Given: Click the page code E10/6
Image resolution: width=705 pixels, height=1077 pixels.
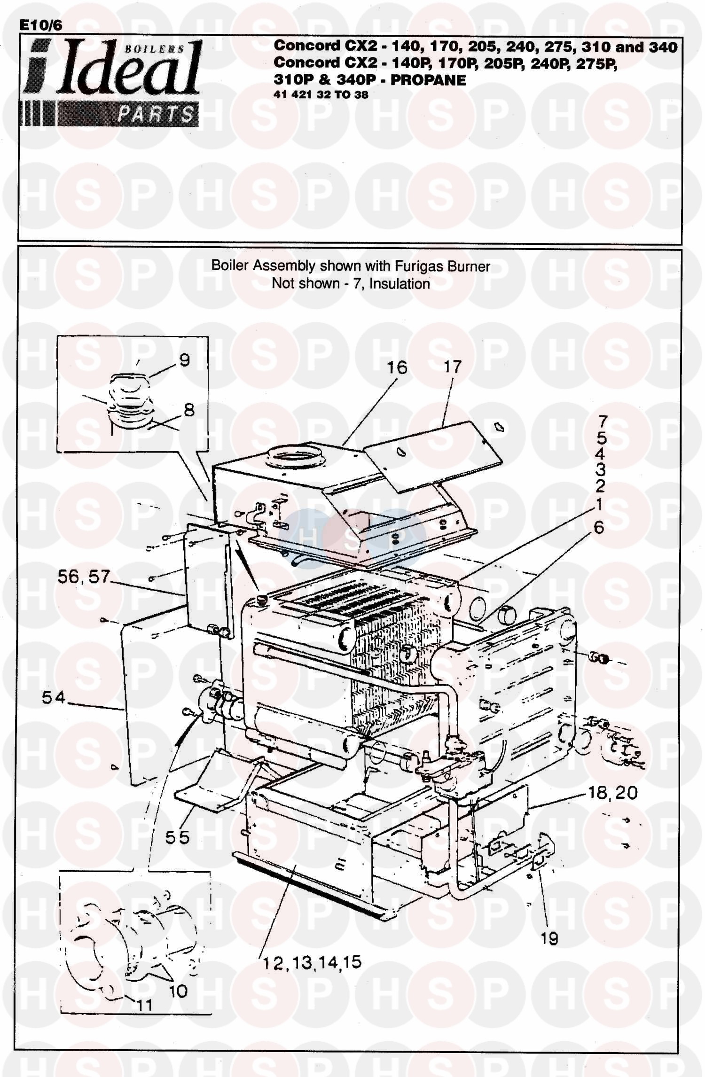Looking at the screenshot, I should [40, 25].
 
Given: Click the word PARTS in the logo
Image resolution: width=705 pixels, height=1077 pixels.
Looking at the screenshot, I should [155, 114].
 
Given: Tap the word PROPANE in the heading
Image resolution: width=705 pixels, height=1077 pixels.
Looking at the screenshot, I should [428, 80].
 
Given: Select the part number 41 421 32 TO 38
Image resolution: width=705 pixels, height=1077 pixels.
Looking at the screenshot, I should [321, 94].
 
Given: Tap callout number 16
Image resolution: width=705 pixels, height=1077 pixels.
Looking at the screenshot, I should [397, 367].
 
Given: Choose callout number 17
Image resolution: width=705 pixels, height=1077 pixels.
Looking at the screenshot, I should [453, 367].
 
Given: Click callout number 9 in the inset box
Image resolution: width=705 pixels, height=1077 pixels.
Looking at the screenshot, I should [185, 360].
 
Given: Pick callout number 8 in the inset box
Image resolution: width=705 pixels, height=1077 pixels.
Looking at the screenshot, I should [189, 410].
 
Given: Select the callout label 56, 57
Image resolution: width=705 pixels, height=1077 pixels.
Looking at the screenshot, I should [84, 577].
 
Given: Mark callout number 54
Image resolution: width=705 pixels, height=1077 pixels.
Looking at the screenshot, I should [53, 697].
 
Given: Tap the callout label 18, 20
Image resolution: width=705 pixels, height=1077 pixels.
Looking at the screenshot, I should [613, 793].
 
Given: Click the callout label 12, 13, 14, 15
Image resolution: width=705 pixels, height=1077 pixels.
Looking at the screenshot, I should [313, 962].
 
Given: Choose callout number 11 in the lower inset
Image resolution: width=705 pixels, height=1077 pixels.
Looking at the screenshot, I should [144, 1005].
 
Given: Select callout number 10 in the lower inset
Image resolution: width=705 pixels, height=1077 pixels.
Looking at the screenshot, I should [178, 991].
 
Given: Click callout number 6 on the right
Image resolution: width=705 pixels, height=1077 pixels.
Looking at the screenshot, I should [599, 527].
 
